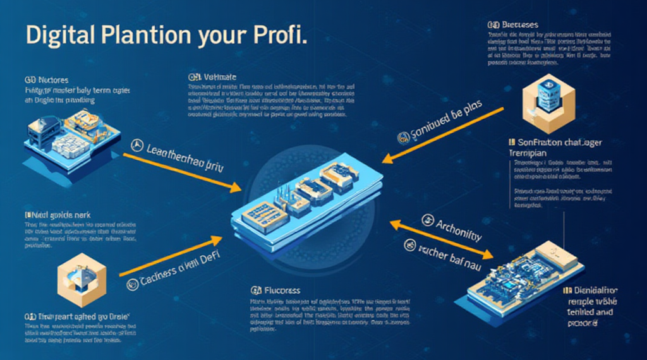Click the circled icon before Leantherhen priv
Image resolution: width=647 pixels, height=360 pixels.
[134, 148]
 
